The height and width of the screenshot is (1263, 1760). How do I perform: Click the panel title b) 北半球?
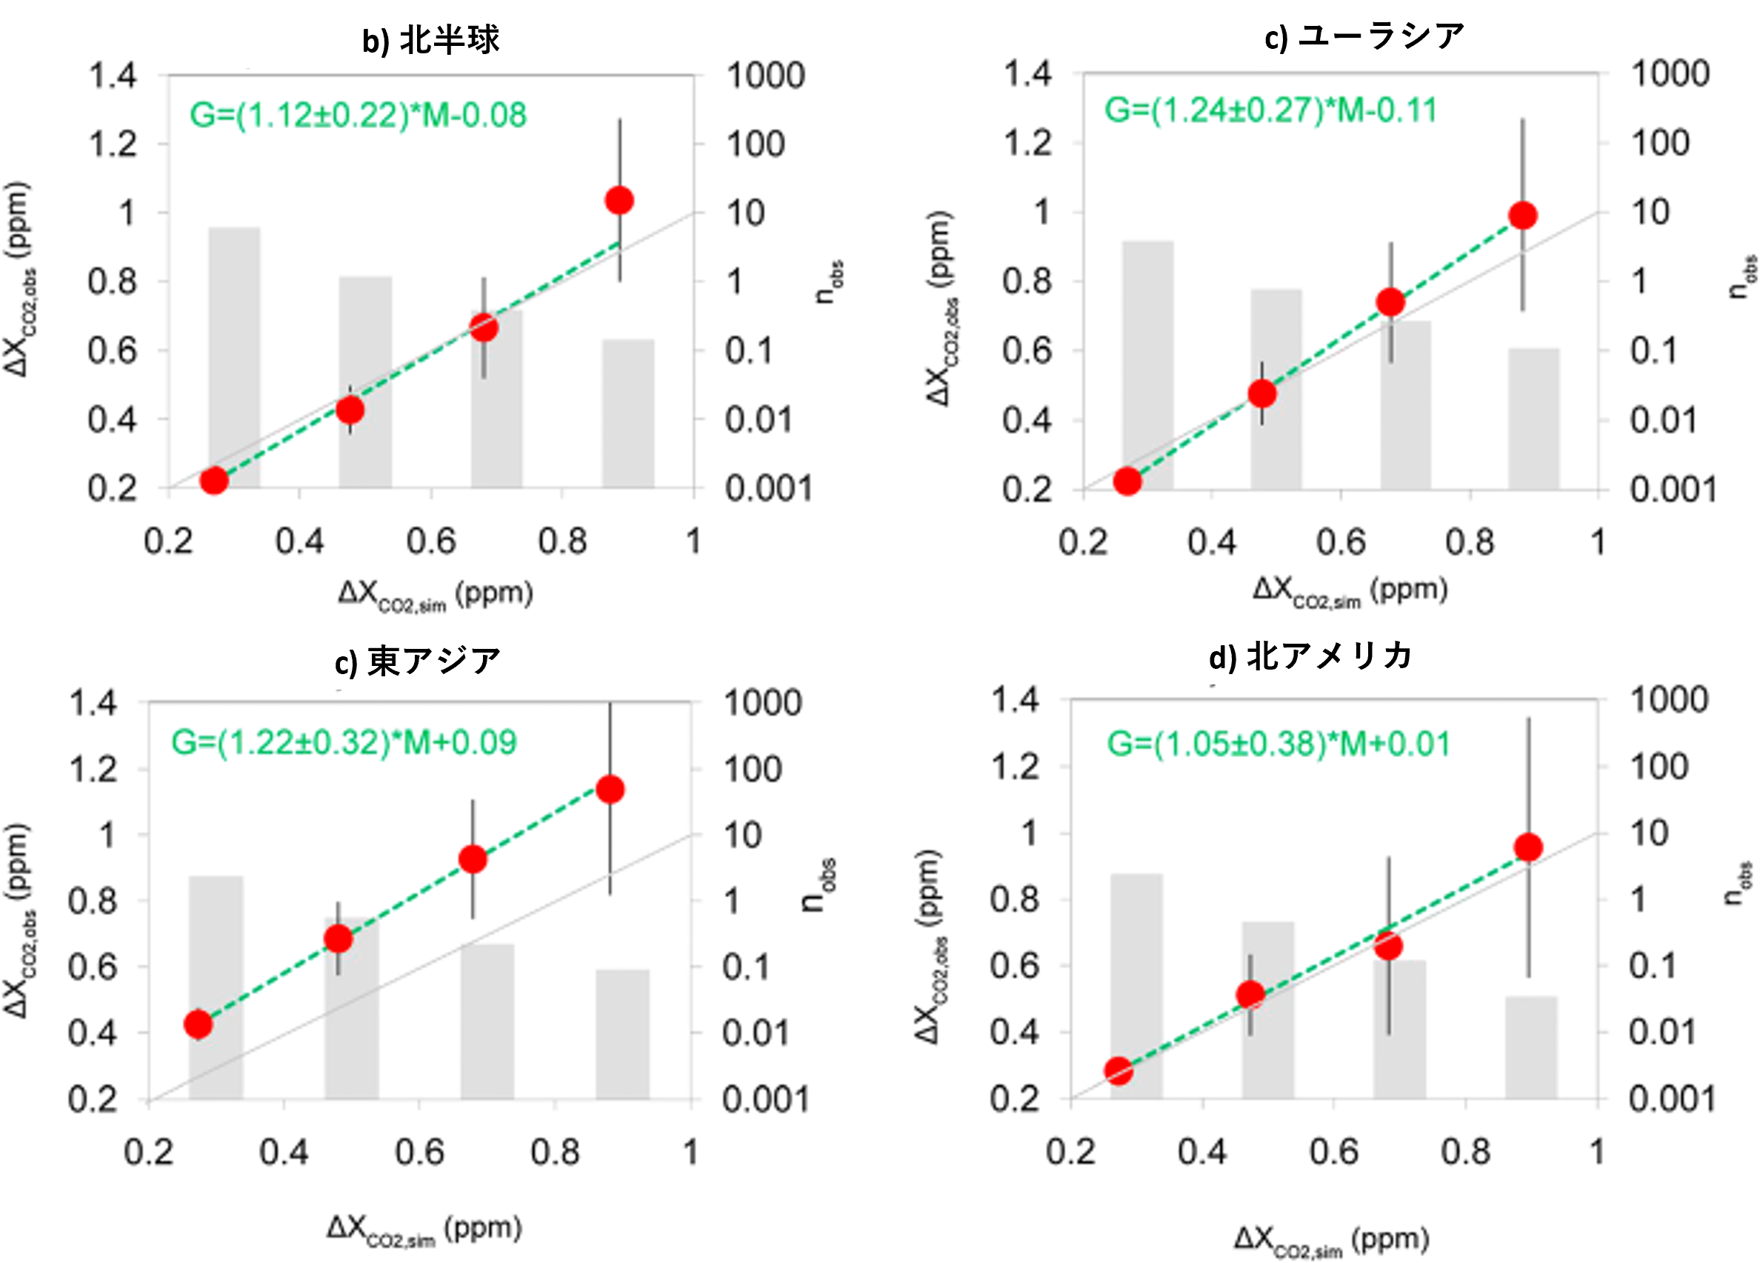click(x=430, y=39)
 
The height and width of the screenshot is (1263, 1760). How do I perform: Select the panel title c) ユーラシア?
click(x=1364, y=36)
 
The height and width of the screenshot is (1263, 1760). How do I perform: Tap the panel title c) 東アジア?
click(x=418, y=661)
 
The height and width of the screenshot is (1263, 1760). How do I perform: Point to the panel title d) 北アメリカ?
click(x=1310, y=656)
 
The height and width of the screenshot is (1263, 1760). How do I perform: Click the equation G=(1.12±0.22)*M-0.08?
click(x=358, y=115)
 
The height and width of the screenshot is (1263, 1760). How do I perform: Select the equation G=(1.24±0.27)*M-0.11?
click(x=1270, y=110)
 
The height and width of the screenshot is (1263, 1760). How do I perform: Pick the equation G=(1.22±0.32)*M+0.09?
click(x=344, y=742)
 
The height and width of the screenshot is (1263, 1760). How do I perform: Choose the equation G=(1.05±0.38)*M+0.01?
click(x=1278, y=744)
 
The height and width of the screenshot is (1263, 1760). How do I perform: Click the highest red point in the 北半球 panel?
click(x=619, y=200)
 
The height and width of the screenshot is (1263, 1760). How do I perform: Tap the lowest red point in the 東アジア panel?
click(x=199, y=1024)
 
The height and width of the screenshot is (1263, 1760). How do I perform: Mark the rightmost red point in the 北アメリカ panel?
click(x=1528, y=847)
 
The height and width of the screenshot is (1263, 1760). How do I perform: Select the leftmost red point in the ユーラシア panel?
click(x=1127, y=481)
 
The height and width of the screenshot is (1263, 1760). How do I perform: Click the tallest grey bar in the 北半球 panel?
click(x=234, y=357)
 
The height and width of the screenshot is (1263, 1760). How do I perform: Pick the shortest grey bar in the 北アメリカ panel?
click(x=1531, y=1047)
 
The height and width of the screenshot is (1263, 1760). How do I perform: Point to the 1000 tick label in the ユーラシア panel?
click(x=1670, y=73)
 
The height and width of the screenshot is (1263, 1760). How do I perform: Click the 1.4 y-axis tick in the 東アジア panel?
click(x=93, y=703)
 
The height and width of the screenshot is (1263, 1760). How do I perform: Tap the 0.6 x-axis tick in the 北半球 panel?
click(x=430, y=541)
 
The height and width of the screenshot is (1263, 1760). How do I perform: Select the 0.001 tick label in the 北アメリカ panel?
click(x=1672, y=1099)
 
